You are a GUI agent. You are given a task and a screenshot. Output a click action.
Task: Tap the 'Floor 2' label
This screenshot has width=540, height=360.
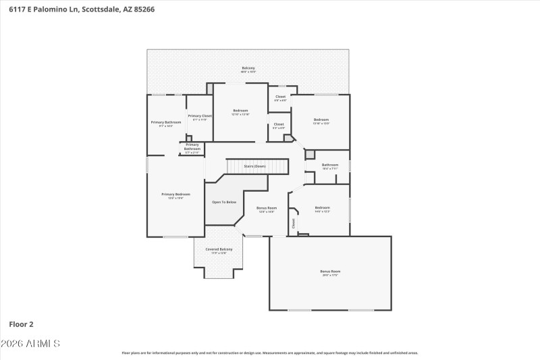coord(21,324)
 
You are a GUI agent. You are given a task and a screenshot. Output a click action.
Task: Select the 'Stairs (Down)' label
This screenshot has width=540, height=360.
coord(254,165)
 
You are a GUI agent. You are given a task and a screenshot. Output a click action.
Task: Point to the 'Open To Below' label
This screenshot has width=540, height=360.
coord(224,202)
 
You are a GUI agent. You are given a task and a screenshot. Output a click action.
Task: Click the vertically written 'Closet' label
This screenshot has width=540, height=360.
coord(294,223)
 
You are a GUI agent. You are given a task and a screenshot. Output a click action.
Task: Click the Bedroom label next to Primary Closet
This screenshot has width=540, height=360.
coord(241,111)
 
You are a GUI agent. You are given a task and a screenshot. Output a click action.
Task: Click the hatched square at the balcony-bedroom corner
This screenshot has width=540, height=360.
coord(210,88)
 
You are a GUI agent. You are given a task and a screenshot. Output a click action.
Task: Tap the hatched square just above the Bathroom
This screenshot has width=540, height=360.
coord(310,155)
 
